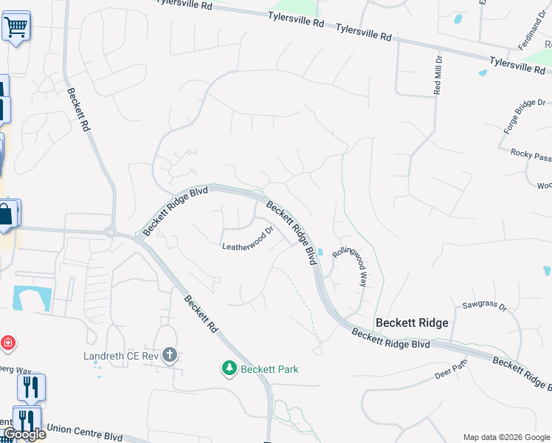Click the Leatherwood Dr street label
[x=248, y=241]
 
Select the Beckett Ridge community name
[x=411, y=323]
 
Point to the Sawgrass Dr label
[x=483, y=304]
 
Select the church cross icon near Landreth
[x=170, y=355]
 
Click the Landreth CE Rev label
[x=123, y=356]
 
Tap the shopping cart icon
[x=15, y=27]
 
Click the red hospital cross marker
[x=7, y=343]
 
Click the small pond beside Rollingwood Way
[x=320, y=251]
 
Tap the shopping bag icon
[x=6, y=214]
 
